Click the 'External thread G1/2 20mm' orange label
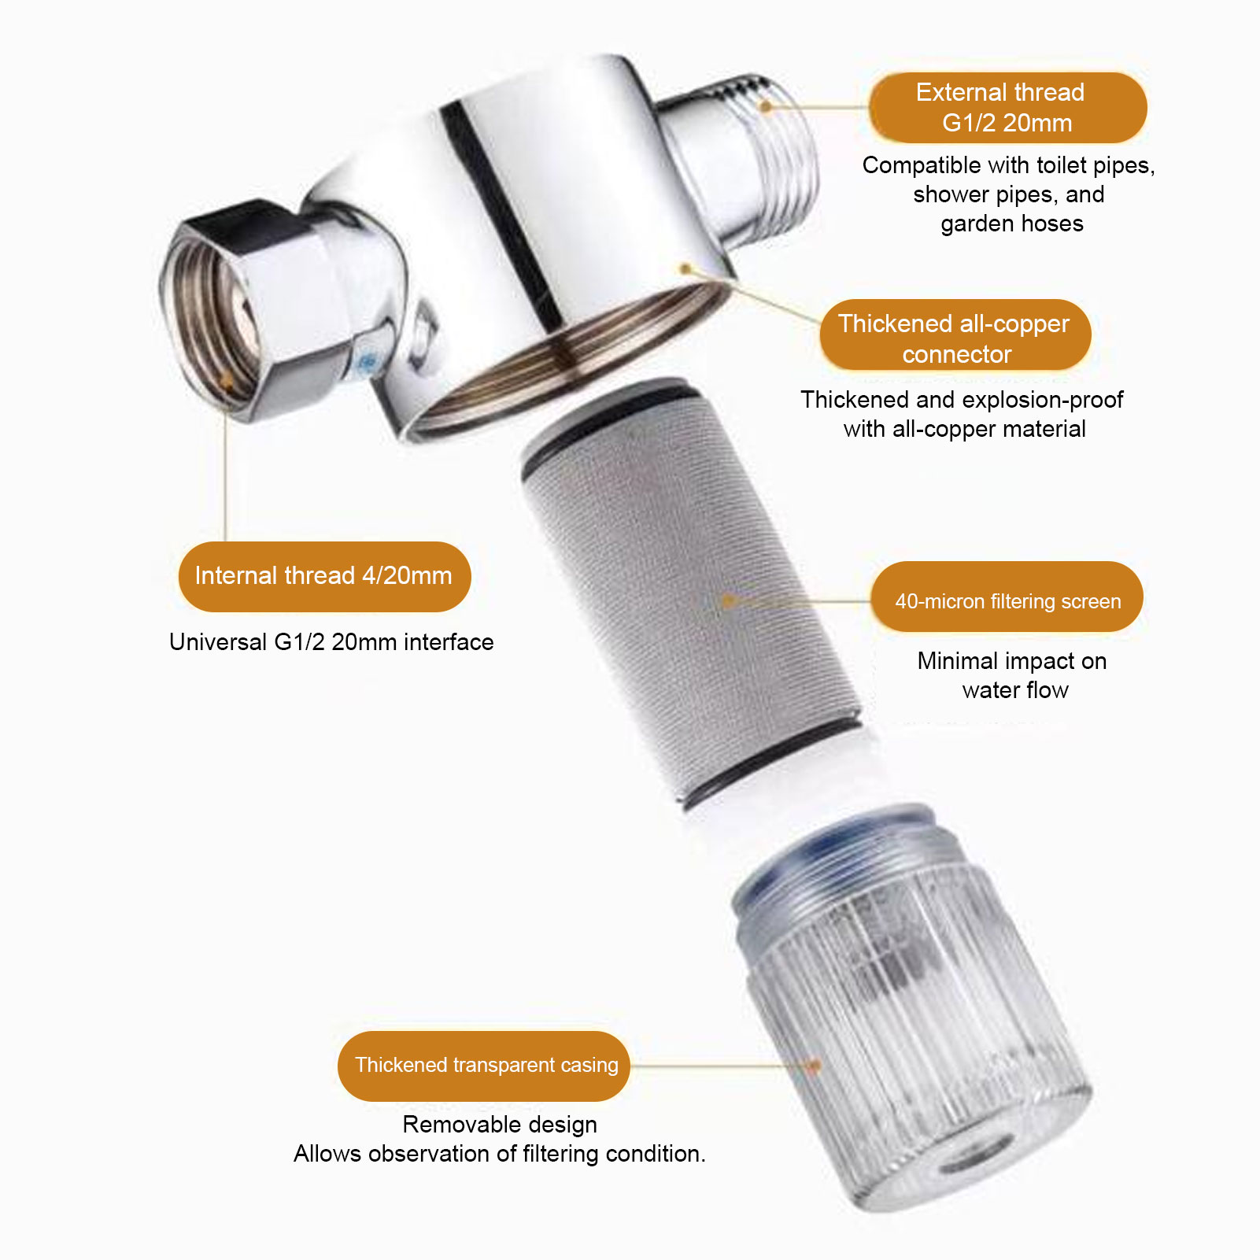click(1007, 108)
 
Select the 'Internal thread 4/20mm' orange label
click(324, 576)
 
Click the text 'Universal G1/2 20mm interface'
click(331, 642)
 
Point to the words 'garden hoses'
click(1012, 224)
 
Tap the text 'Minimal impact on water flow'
click(1013, 675)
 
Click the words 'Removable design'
click(500, 1125)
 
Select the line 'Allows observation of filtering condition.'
click(500, 1154)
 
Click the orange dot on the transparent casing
click(815, 1066)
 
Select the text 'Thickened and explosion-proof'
click(962, 400)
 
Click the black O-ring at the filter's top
click(606, 417)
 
